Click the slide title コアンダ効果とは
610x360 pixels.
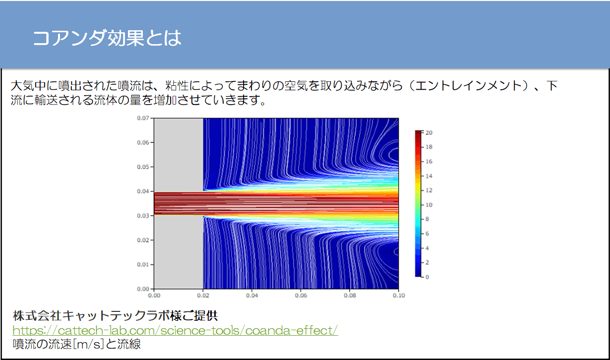click(x=107, y=38)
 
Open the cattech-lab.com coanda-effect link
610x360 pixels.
click(x=175, y=330)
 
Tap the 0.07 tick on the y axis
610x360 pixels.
click(x=143, y=119)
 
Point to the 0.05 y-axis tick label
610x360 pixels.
click(x=143, y=167)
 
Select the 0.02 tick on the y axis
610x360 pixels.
click(x=143, y=240)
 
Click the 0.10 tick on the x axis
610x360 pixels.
click(x=398, y=296)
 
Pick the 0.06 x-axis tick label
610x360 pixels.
click(x=301, y=296)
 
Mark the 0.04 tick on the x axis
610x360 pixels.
click(x=252, y=296)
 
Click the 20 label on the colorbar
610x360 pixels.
click(x=429, y=133)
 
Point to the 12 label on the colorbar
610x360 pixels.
click(x=429, y=190)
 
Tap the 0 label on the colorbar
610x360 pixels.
click(x=427, y=277)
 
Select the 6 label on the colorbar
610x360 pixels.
click(x=427, y=234)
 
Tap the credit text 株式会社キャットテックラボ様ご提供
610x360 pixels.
click(x=115, y=316)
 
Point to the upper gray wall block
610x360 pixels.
click(x=179, y=155)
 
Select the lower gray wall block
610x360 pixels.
click(x=179, y=252)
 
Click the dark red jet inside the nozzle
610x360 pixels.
click(x=179, y=203)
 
